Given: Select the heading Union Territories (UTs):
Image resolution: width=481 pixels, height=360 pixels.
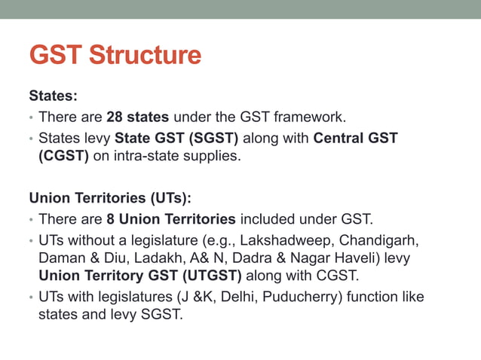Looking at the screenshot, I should point(110,199).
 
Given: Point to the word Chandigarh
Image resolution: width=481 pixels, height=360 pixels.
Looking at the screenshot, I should point(379,241).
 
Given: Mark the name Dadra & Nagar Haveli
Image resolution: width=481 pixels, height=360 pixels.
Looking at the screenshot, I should point(279,258).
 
